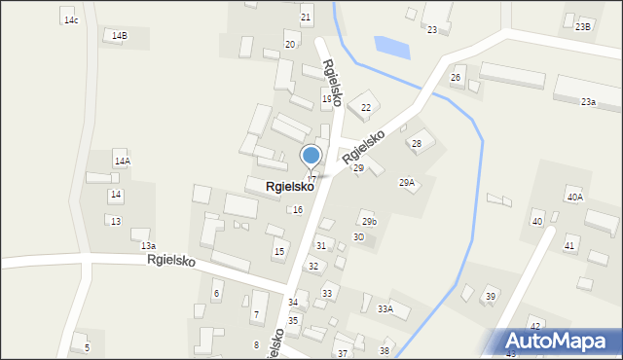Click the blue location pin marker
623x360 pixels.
(x=311, y=157)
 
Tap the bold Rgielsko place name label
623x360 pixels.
(x=289, y=185)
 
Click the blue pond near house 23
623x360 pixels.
(x=392, y=46)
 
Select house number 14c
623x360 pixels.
(x=70, y=20)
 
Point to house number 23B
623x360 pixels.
(x=582, y=26)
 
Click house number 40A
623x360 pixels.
(x=574, y=198)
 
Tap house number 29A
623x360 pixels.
(x=407, y=182)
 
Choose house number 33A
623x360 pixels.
(x=385, y=308)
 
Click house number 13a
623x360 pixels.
(x=148, y=246)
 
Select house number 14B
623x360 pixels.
(x=119, y=36)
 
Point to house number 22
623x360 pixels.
(x=366, y=107)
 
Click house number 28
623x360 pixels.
(x=417, y=144)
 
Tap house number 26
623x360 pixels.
(x=455, y=77)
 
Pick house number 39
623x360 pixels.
(x=491, y=296)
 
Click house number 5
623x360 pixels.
(x=87, y=347)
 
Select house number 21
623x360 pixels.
(x=306, y=18)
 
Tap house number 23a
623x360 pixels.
(x=588, y=101)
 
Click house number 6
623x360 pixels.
(x=217, y=293)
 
